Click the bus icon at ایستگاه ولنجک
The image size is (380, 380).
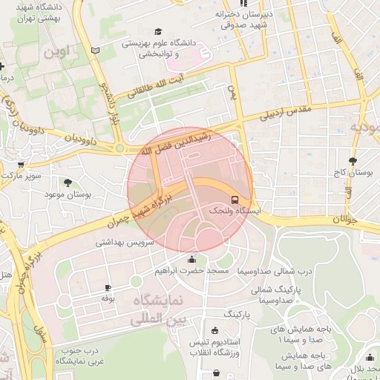pos(235,200)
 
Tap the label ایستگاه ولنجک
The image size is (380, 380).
pos(235,212)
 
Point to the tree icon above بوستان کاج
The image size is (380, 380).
pos(352,160)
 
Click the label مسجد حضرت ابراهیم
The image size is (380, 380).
pos(191,272)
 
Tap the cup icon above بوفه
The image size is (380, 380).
pos(108,287)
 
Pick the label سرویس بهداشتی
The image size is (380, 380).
pos(124,243)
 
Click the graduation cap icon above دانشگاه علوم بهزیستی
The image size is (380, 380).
pos(157,32)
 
